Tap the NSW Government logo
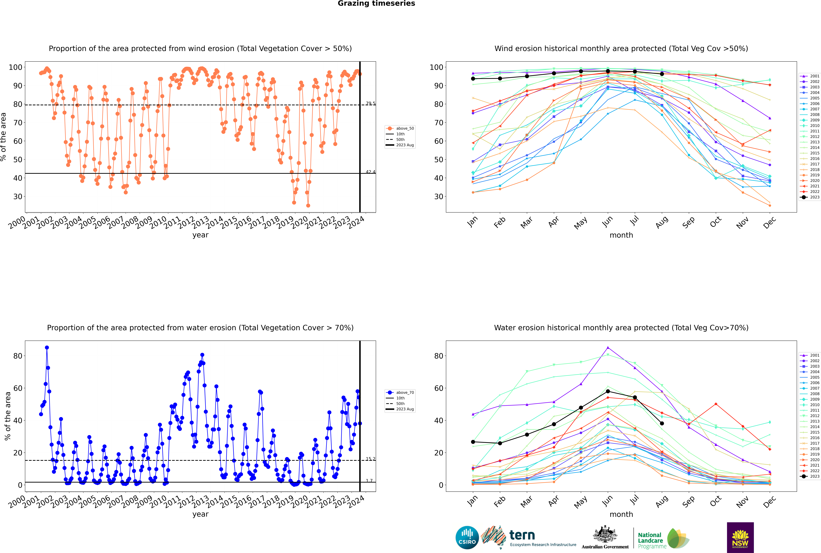click(740, 537)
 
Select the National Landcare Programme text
click(650, 540)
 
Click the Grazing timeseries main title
click(376, 4)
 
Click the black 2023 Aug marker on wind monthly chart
click(662, 74)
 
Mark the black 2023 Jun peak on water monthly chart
click(608, 392)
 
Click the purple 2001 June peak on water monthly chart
click(608, 348)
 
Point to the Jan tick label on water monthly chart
click(472, 501)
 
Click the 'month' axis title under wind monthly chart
click(621, 235)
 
